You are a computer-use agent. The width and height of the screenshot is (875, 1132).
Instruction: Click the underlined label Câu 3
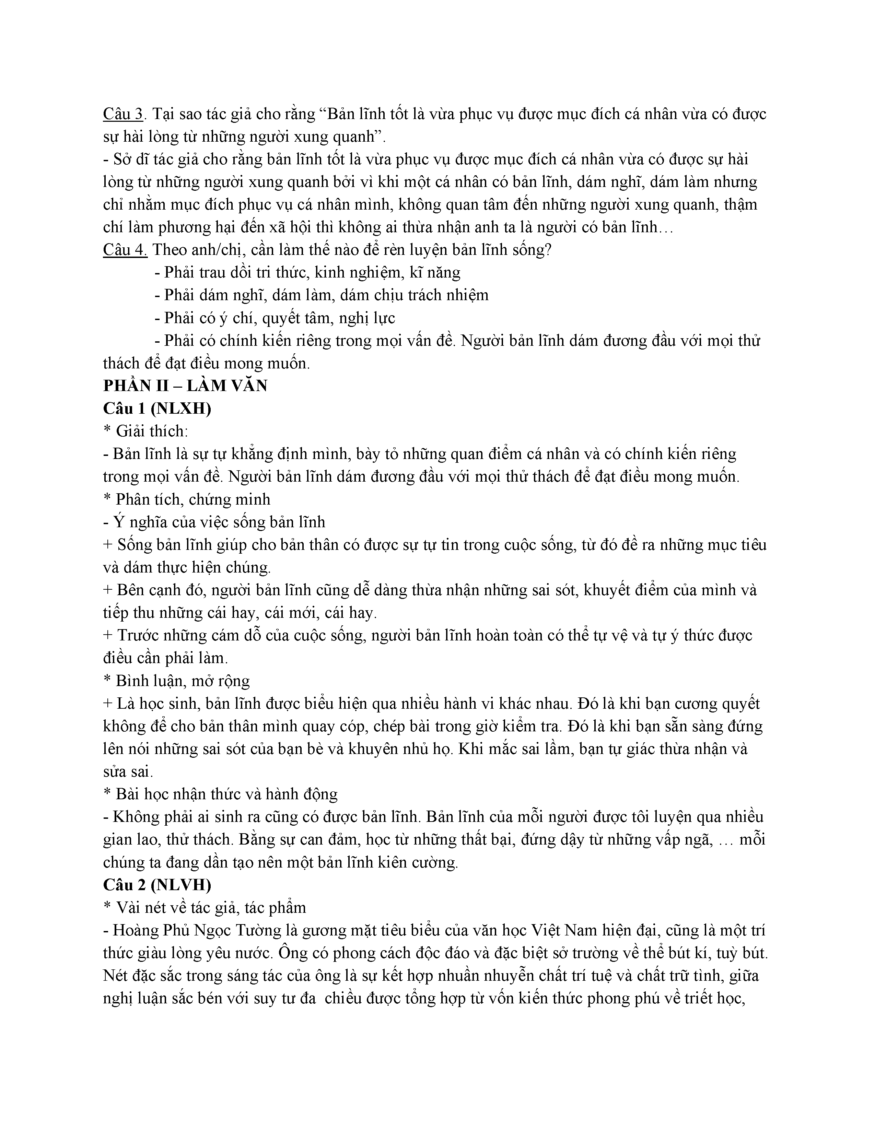tap(123, 114)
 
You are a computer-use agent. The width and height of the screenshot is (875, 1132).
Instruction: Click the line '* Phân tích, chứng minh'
tap(187, 499)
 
